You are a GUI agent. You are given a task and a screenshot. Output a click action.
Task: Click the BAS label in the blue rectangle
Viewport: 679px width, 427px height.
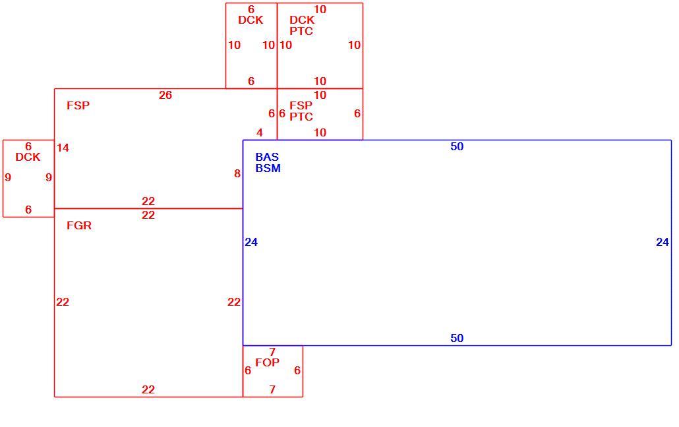click(267, 157)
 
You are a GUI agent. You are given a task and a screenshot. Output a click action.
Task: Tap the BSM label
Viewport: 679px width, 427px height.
click(268, 168)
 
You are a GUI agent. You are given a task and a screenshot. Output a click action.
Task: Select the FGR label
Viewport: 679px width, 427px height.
click(79, 225)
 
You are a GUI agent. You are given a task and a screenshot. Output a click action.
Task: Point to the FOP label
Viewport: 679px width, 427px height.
click(267, 362)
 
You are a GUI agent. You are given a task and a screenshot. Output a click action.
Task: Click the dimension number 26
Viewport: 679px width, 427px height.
click(165, 95)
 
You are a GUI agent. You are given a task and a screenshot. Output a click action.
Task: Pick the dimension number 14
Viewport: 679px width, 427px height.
click(63, 148)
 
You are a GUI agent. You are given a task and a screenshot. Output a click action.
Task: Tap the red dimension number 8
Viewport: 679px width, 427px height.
click(237, 173)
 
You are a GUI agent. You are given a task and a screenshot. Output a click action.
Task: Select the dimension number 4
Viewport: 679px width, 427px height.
click(259, 132)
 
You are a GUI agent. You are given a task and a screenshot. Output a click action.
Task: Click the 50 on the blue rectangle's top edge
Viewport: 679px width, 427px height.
click(457, 146)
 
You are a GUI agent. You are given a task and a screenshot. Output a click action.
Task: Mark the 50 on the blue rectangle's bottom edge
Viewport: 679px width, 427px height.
click(457, 338)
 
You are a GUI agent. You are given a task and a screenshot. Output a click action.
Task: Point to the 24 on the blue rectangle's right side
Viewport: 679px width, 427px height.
click(663, 242)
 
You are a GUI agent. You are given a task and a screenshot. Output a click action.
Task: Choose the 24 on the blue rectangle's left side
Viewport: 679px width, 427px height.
click(251, 242)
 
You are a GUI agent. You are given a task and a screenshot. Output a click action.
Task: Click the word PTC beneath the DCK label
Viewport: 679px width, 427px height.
click(301, 31)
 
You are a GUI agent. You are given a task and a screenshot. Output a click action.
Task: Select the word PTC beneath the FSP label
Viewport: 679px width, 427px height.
click(301, 117)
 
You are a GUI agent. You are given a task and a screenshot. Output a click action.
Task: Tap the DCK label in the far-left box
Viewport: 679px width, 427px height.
click(28, 157)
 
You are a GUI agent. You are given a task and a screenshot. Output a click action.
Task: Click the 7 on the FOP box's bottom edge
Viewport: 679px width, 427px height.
click(272, 389)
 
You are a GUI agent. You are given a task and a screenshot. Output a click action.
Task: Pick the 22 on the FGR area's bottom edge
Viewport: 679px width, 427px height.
click(148, 389)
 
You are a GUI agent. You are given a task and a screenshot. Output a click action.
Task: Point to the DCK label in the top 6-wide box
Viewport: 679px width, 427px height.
click(251, 20)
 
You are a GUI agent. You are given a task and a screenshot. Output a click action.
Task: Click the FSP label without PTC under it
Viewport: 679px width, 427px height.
click(78, 105)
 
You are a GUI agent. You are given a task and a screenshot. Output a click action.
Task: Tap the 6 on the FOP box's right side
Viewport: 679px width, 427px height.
click(297, 370)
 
